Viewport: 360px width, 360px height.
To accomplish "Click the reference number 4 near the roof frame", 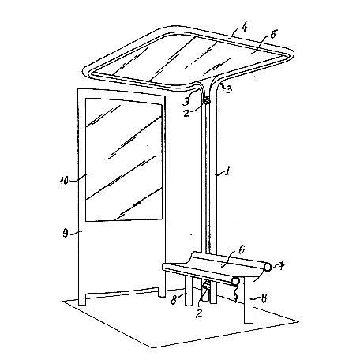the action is (244, 27).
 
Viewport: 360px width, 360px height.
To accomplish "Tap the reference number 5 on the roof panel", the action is (273, 35).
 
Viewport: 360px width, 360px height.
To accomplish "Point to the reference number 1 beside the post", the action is (227, 172).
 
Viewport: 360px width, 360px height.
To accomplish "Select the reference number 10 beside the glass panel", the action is (64, 181).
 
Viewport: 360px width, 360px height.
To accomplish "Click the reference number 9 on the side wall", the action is (66, 233).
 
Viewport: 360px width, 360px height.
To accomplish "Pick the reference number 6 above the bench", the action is (242, 249).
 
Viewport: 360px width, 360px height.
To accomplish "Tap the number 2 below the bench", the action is (199, 313).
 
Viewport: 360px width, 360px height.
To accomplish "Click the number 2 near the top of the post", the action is (186, 113).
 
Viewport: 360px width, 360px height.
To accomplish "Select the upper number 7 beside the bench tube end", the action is (281, 267).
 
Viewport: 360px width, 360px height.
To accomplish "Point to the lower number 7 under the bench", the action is (236, 298).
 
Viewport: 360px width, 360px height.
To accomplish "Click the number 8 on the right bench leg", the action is (263, 298).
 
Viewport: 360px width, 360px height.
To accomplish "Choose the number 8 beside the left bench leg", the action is (174, 299).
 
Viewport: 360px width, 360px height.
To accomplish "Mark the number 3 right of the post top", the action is (229, 89).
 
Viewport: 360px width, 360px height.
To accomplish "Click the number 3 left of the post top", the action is (186, 101).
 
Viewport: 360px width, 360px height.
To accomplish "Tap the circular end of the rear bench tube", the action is (268, 268).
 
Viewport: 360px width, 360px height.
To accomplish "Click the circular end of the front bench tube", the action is (235, 281).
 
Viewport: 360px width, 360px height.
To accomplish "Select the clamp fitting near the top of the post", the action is (207, 100).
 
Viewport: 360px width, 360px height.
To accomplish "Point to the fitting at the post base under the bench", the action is (206, 287).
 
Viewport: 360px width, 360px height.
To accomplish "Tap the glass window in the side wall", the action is (123, 159).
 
